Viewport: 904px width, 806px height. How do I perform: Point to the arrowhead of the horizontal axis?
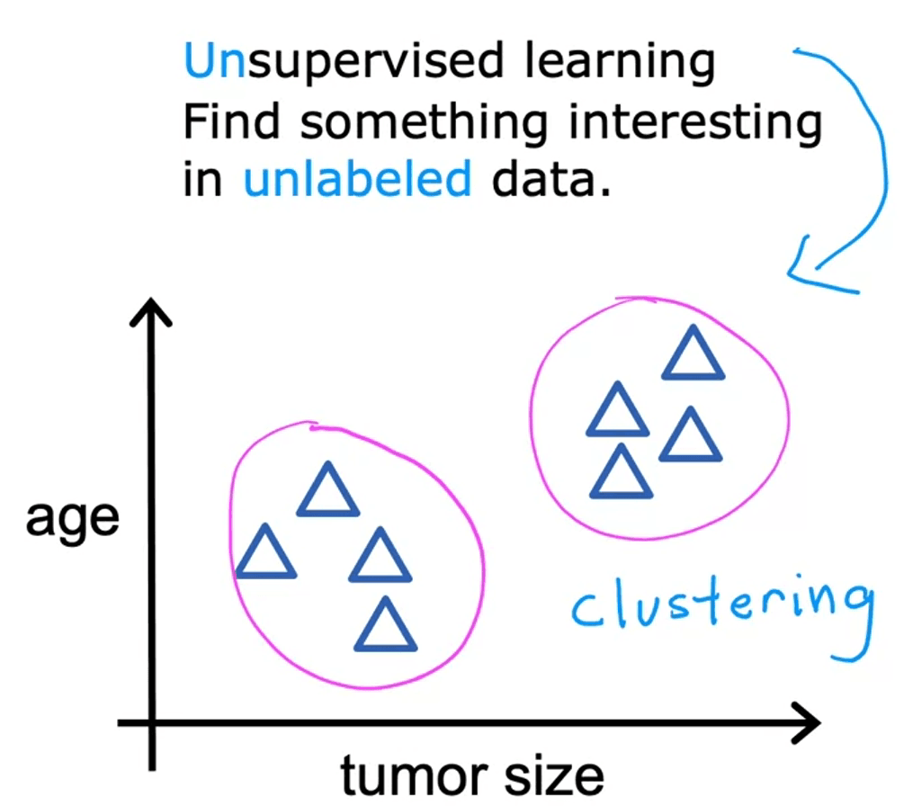[x=805, y=723]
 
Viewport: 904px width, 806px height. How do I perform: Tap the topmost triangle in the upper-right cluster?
[x=693, y=357]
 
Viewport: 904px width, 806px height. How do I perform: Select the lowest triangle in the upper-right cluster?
[x=621, y=475]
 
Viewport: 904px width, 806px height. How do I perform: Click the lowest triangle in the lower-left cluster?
[x=386, y=628]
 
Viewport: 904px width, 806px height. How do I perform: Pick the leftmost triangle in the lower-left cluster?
[x=265, y=555]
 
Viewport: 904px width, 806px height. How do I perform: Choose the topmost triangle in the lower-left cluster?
[x=327, y=493]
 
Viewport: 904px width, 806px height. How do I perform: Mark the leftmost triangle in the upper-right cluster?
[x=618, y=413]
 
